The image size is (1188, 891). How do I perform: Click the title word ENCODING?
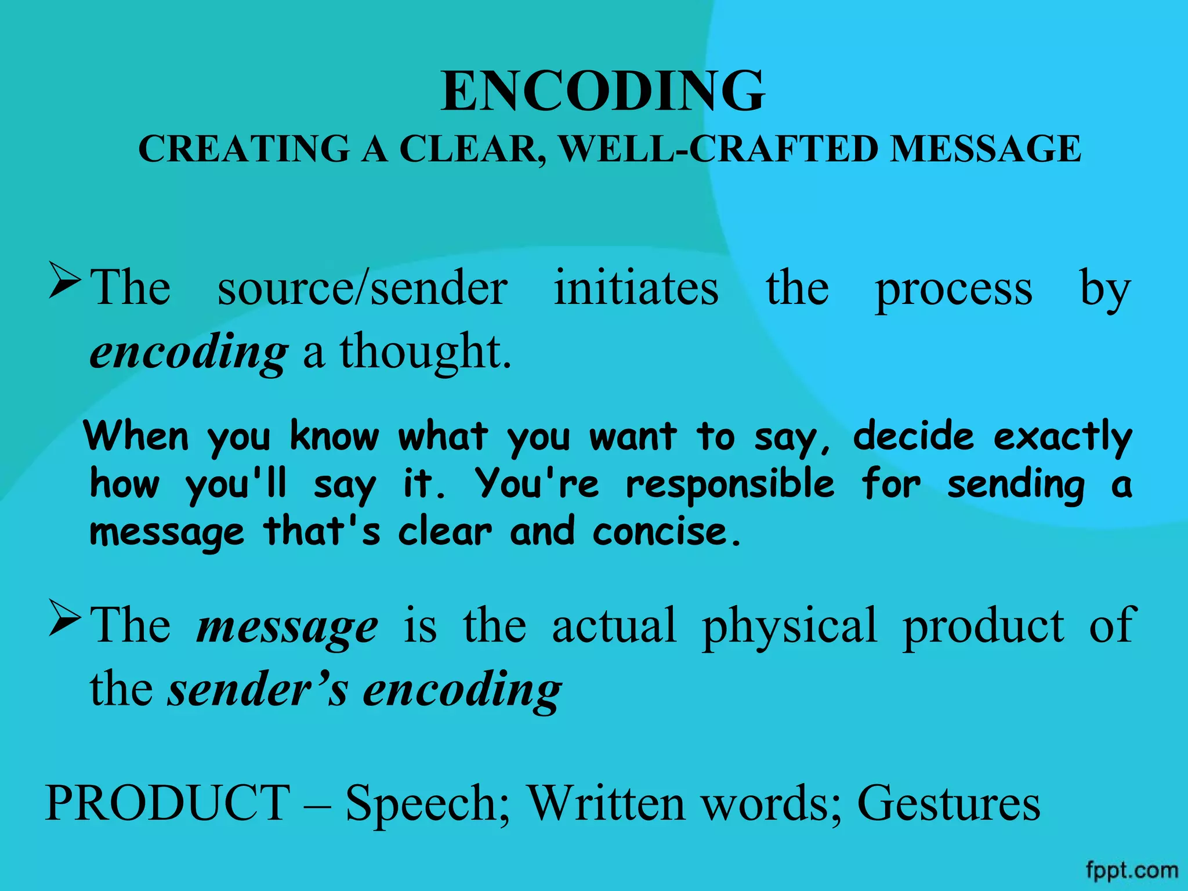coord(603,92)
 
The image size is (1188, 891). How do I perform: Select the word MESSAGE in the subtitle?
coord(986,149)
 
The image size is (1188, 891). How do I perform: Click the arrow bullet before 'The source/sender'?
coord(65,280)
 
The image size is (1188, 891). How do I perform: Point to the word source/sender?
coord(363,288)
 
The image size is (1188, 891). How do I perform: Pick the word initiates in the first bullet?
coord(636,288)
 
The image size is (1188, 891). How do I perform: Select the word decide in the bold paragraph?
coord(913,436)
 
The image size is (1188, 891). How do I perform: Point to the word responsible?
coord(730,485)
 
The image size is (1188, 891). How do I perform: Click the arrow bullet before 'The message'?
coord(65,617)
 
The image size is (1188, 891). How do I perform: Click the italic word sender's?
coord(258,690)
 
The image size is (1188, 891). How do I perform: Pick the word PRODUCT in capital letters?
coord(168,803)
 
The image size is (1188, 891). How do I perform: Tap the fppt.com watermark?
coord(1132,871)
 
